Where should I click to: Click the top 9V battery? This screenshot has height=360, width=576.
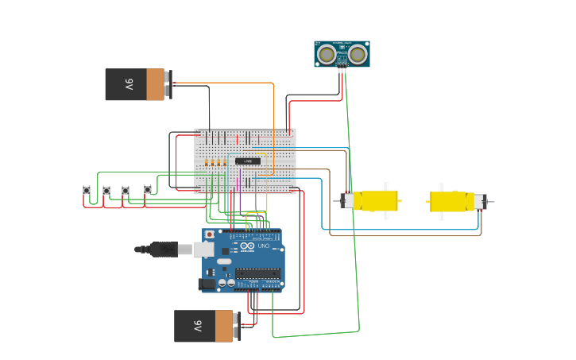coord(135,84)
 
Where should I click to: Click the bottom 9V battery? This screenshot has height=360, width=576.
coord(204,326)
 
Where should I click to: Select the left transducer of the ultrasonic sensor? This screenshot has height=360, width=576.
coord(327,54)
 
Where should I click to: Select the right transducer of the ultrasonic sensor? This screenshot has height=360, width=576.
coord(358,54)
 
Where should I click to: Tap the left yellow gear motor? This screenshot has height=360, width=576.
coord(371,200)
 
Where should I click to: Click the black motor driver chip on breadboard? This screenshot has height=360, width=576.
coord(248,161)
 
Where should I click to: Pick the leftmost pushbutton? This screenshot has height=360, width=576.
coord(87,190)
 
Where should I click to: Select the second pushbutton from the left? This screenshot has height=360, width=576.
coord(106,190)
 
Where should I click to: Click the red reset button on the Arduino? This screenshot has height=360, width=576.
coord(210,234)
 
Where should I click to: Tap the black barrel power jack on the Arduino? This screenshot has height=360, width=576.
coord(208,283)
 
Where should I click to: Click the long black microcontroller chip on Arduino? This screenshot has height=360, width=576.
coord(257,273)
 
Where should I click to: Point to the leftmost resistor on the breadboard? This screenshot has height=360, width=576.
coord(207,163)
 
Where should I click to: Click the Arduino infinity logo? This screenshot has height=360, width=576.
coord(248,246)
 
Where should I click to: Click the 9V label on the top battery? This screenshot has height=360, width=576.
coord(128,84)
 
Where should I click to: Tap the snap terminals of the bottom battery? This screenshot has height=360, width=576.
coord(238,326)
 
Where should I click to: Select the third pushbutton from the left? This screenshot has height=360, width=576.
coord(126,190)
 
